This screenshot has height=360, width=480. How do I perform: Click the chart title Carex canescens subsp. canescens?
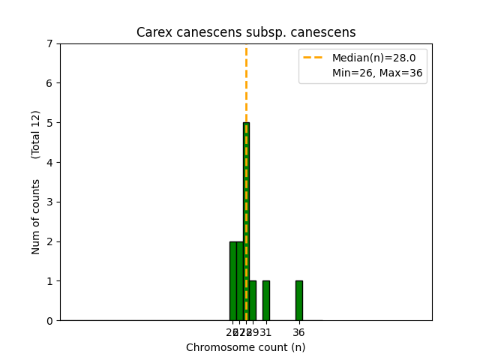246,33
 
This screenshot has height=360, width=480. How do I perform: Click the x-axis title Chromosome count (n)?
246,347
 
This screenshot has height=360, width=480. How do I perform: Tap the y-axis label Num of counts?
36,216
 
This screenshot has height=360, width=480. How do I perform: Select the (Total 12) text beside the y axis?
36,134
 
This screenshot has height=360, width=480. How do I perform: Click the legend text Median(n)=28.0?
368,58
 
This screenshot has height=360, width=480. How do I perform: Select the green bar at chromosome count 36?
298,301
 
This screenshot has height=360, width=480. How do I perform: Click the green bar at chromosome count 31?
265,301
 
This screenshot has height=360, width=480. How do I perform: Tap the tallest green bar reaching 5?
246,225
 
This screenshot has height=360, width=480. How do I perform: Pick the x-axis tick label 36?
298,332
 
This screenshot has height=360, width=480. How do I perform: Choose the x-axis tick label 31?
266,332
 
